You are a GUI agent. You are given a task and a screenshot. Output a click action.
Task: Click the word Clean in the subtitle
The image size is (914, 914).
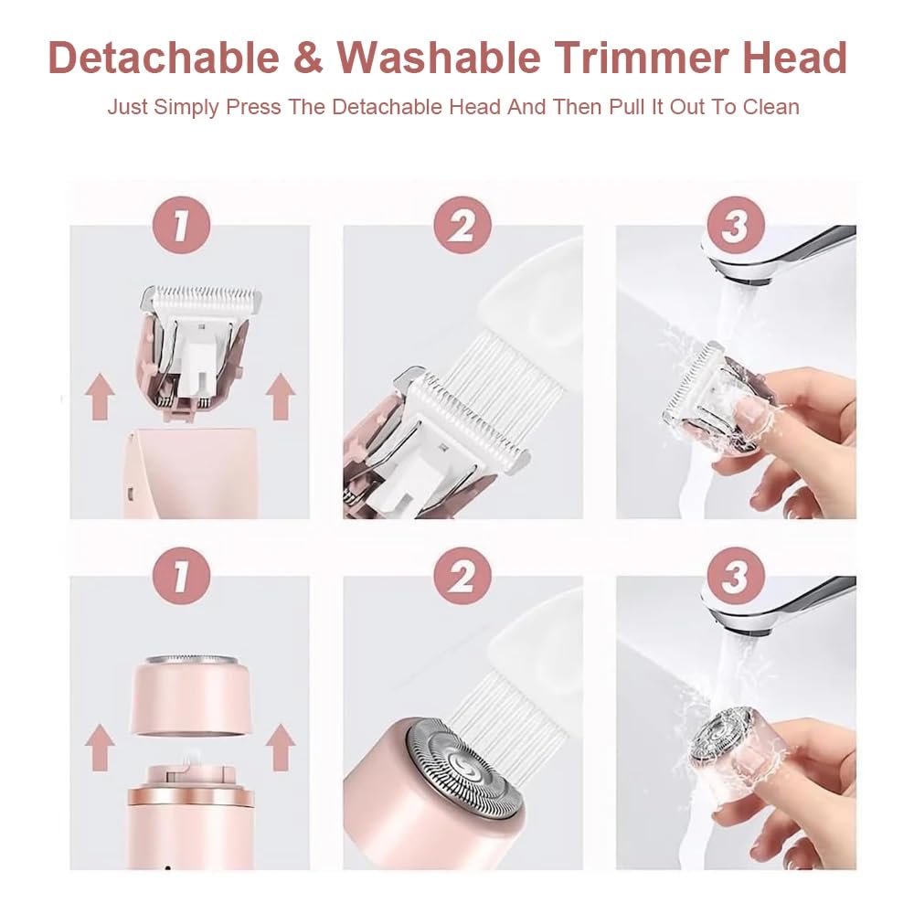click(770, 106)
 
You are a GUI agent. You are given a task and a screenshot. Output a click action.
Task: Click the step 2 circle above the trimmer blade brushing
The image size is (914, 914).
click(462, 225)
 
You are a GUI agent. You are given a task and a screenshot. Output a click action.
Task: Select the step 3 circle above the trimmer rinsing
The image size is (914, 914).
click(736, 225)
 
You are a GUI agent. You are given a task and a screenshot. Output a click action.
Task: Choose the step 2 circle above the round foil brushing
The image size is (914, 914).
click(462, 576)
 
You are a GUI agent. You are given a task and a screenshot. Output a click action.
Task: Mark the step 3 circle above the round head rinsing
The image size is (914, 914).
click(736, 576)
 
